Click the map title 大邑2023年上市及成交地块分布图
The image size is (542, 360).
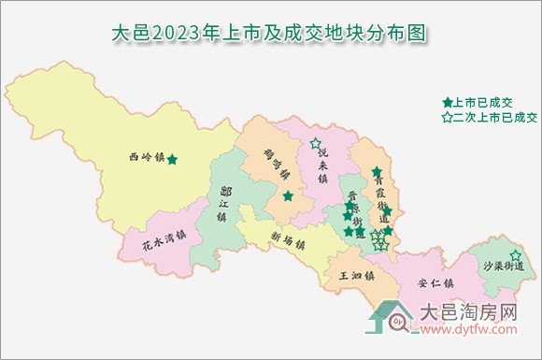click(270, 34)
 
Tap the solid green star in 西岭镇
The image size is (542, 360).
click(172, 159)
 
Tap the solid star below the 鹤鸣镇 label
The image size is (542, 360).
click(289, 196)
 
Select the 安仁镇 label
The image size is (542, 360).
click(435, 281)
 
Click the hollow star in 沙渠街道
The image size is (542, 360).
click(515, 255)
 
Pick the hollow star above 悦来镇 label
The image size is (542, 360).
click(315, 144)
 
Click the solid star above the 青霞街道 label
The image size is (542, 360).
click(376, 172)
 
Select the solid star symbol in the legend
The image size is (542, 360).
click(448, 101)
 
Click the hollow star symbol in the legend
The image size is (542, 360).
click(448, 118)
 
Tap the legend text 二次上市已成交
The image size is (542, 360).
click(497, 118)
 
